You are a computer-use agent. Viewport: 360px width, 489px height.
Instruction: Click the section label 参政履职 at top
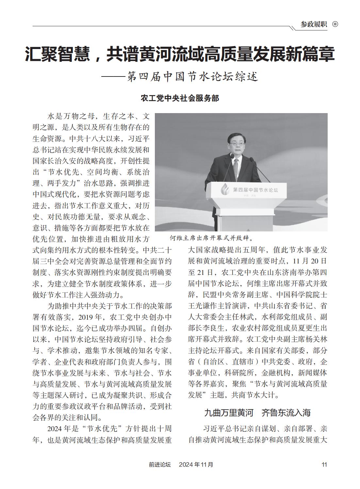pyautogui.click(x=314, y=24)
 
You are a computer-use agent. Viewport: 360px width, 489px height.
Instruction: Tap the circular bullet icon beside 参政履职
pyautogui.click(x=335, y=24)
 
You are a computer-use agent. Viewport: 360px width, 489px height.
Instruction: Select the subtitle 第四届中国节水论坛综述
pyautogui.click(x=192, y=76)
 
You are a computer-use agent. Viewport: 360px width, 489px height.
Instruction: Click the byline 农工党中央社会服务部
pyautogui.click(x=180, y=98)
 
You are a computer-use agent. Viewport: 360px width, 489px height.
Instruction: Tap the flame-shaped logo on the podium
pyautogui.click(x=225, y=189)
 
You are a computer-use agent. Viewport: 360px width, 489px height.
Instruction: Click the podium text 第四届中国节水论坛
pyautogui.click(x=255, y=190)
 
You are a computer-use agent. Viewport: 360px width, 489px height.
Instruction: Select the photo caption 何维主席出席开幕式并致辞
pyautogui.click(x=212, y=237)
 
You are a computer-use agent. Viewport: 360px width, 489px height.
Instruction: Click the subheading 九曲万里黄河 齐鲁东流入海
pyautogui.click(x=257, y=413)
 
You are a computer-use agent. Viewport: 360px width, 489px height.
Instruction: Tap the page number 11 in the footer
pyautogui.click(x=324, y=464)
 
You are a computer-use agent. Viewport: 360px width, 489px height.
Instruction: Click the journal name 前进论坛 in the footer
pyautogui.click(x=160, y=464)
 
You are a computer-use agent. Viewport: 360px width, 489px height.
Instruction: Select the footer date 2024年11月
pyautogui.click(x=196, y=464)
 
